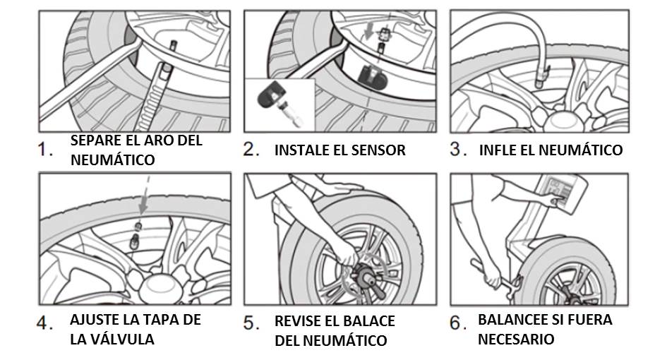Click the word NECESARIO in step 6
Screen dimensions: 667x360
516,339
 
